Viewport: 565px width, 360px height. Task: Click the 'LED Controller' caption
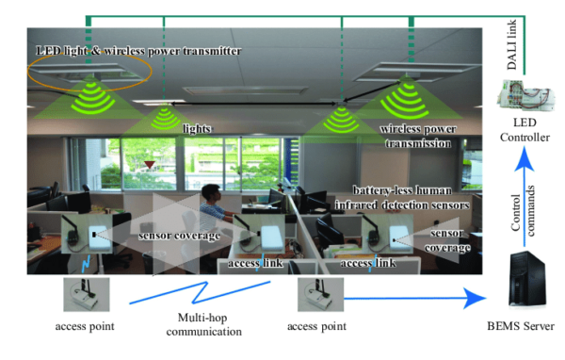click(526, 133)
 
